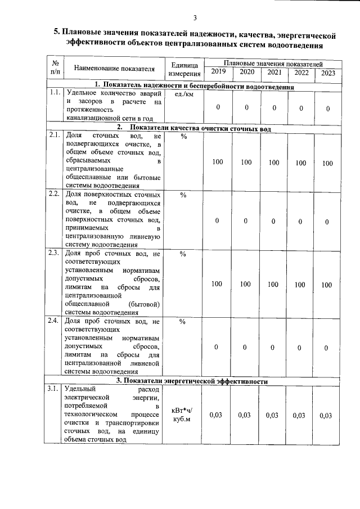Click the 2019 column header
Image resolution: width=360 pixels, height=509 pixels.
217,72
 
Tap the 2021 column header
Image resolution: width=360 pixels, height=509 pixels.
274,72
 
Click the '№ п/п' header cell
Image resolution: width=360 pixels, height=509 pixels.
55,68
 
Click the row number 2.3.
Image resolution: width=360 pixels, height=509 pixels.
55,253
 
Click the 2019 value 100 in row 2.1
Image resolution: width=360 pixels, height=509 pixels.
217,163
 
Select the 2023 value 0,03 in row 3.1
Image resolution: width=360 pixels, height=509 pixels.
327,416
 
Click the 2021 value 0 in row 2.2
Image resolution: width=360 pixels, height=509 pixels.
273,221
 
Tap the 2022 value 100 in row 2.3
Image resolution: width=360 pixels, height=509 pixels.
300,285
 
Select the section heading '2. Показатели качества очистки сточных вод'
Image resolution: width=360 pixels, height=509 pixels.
191,129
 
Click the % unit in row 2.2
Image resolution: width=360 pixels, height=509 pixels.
183,195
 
